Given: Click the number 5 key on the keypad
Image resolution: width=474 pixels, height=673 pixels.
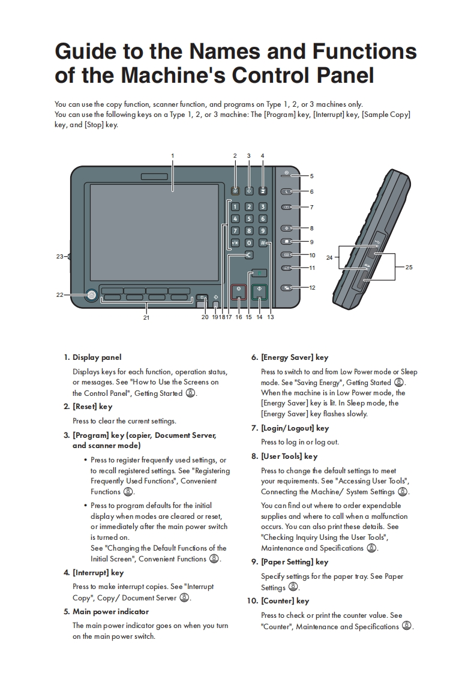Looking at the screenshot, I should [x=249, y=219].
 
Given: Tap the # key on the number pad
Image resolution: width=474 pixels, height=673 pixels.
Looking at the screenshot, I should [x=263, y=243].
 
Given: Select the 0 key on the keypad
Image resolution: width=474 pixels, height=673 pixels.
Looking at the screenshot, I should [x=249, y=243].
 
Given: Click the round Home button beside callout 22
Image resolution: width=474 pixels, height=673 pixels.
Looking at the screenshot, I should [x=91, y=295].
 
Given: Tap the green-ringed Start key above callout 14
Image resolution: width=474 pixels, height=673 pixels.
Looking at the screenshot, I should [x=259, y=291].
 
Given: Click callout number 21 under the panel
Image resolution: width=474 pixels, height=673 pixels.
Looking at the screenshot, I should [x=146, y=317].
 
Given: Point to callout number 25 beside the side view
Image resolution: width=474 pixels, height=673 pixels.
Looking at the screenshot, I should [x=409, y=267].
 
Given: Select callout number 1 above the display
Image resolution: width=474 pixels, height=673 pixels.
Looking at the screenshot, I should [x=172, y=156].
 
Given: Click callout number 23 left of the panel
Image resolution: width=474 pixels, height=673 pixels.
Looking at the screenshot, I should [x=59, y=257].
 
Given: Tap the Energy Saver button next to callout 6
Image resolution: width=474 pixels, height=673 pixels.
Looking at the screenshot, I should [x=287, y=192].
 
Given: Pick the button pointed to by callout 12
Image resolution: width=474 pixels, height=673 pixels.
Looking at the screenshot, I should [x=287, y=288].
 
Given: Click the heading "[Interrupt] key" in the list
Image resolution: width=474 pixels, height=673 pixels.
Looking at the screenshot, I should [x=98, y=573].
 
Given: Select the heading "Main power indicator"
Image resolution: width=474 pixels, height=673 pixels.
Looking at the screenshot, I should [x=110, y=612].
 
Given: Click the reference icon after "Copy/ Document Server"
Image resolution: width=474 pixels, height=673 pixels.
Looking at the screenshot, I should [x=184, y=597].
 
